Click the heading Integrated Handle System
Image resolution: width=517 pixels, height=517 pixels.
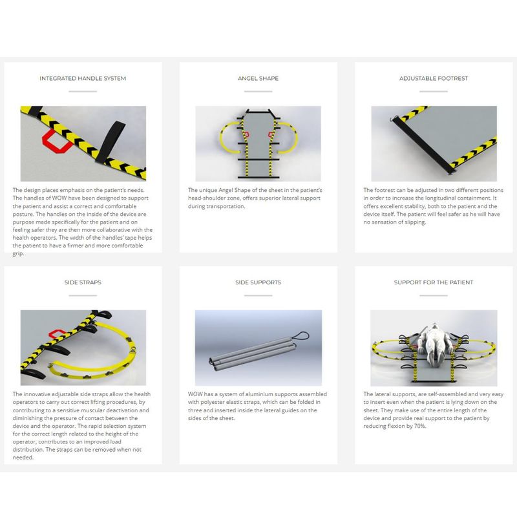click(83, 78)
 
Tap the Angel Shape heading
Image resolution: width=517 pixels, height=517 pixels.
click(258, 78)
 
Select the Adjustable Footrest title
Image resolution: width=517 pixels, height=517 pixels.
click(434, 78)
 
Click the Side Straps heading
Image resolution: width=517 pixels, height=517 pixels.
click(83, 282)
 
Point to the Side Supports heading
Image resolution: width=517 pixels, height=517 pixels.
click(258, 282)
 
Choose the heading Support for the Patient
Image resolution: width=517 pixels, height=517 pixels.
click(434, 282)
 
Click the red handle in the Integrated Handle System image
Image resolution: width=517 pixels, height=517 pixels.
click(57, 142)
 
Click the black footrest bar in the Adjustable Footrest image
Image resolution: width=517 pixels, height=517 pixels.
click(423, 145)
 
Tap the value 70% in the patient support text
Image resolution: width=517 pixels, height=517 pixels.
click(420, 427)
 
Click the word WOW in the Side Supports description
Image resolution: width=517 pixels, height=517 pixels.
click(195, 394)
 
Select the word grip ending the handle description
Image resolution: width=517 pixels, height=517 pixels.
click(18, 254)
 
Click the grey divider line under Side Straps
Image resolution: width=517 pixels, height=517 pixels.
click(83, 296)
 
